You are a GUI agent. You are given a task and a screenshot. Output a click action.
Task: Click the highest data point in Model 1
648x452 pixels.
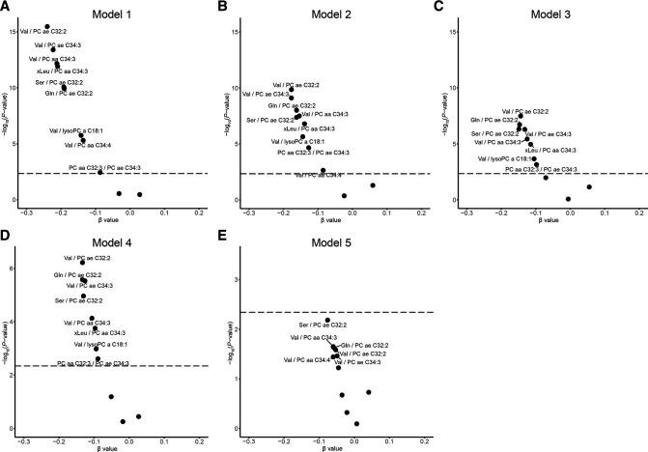(48, 26)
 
